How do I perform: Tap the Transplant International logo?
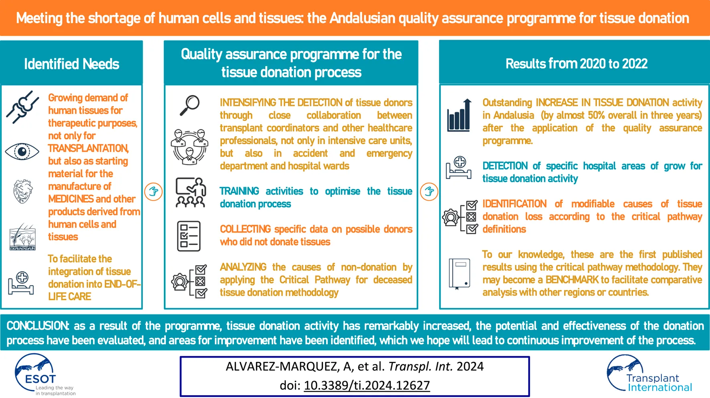tap(649, 373)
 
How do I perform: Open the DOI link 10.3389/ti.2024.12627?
tap(367, 385)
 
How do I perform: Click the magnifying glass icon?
tap(190, 105)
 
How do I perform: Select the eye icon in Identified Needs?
tap(22, 152)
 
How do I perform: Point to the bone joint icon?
tap(22, 107)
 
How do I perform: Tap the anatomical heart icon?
tap(23, 191)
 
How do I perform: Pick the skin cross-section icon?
tap(22, 237)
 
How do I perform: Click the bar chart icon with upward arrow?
tap(459, 115)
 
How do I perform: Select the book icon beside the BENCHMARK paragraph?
tap(459, 273)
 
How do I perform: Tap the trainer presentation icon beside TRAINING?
tap(191, 193)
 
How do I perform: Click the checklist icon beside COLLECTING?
tap(189, 236)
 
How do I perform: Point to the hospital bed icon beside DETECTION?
tap(459, 168)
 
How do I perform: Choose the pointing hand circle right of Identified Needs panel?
tap(153, 191)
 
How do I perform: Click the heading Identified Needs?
tap(72, 64)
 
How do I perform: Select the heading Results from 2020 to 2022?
tap(577, 64)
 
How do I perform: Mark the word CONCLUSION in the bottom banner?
tap(38, 326)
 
